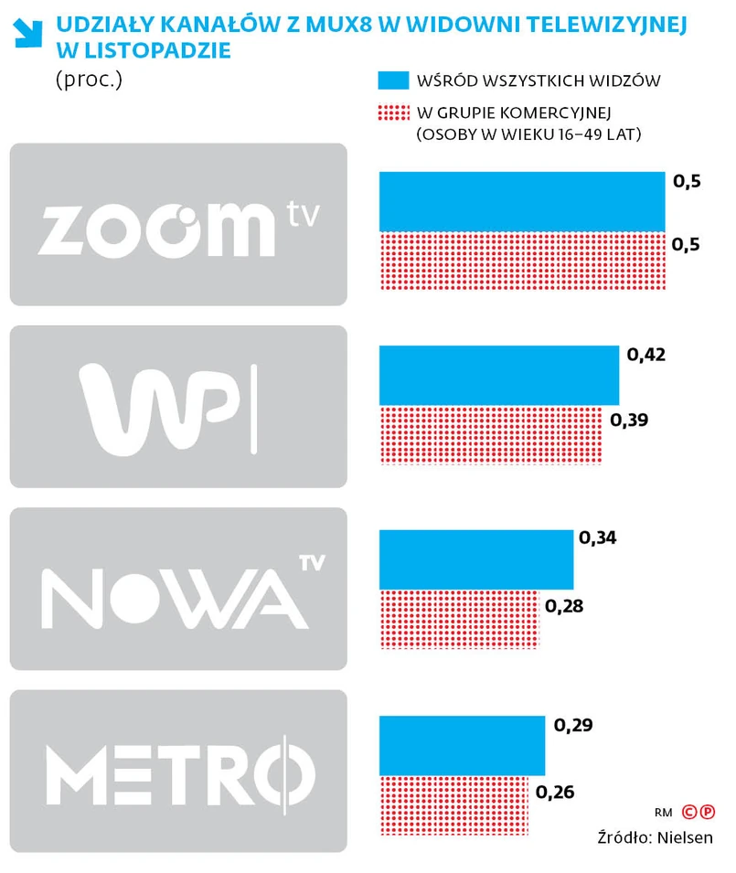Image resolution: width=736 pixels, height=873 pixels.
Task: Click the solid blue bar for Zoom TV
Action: (x=521, y=201)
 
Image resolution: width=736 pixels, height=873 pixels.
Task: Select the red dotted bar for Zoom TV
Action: (x=521, y=260)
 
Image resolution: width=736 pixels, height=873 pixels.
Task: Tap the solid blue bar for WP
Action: (x=498, y=375)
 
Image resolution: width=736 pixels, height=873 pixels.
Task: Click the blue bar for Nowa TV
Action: (x=475, y=559)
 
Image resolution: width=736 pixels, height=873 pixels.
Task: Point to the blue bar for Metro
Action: (x=462, y=745)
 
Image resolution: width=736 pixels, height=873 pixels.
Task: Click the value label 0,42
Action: (x=646, y=355)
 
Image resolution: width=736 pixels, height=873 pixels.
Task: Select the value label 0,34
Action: (x=598, y=538)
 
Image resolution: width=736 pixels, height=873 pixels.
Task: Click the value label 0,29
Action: (x=574, y=727)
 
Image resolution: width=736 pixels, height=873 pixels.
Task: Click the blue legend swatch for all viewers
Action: (x=391, y=80)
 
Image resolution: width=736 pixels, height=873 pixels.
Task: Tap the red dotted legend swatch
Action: (x=391, y=112)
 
